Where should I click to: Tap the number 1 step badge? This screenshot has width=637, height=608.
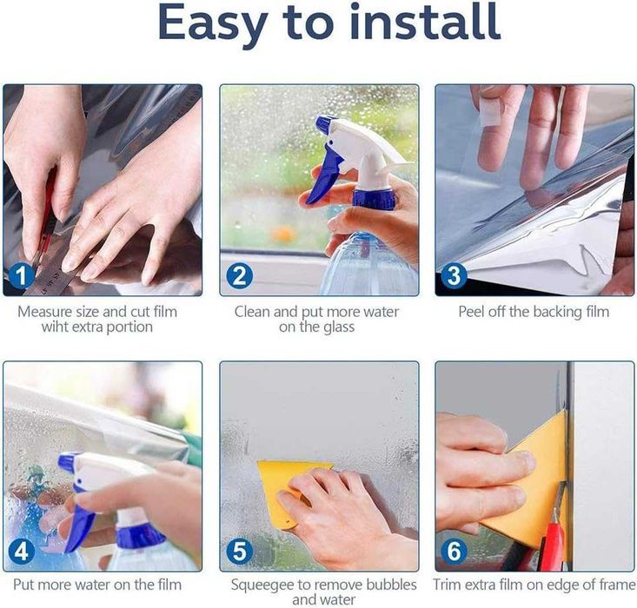[x=22, y=275]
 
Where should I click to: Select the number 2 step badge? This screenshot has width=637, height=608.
[x=239, y=275]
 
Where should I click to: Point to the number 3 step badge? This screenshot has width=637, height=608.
[x=454, y=275]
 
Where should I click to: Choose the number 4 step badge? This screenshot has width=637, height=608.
[x=22, y=552]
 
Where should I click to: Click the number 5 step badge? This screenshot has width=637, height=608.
[x=239, y=552]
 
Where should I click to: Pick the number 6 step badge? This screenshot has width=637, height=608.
[x=454, y=552]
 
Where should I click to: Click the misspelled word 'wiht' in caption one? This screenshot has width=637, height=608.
[x=56, y=327]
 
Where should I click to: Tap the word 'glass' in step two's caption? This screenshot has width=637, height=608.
[x=336, y=327]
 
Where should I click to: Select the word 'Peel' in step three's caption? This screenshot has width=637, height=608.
[x=471, y=312]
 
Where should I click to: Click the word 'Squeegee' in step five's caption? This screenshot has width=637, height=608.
[x=262, y=585]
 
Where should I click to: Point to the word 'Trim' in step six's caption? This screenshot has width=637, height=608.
[x=447, y=585]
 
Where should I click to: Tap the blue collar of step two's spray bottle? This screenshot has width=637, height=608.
[x=373, y=199]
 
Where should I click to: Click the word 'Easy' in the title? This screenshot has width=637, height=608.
[x=213, y=23]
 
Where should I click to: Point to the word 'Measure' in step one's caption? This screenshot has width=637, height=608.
[x=44, y=312]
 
